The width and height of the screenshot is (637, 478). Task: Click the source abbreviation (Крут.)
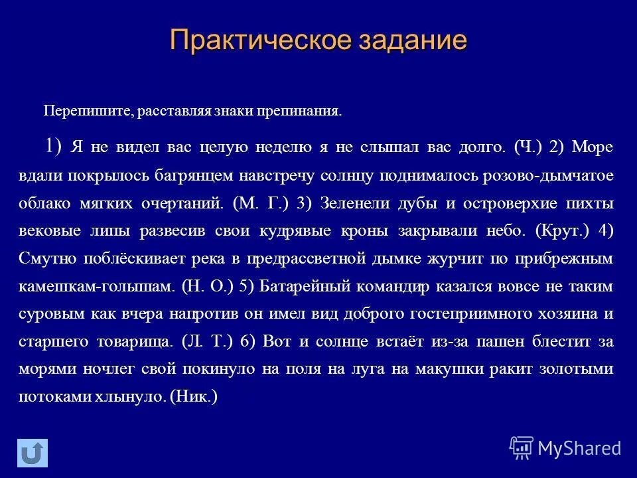coord(561,231)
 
